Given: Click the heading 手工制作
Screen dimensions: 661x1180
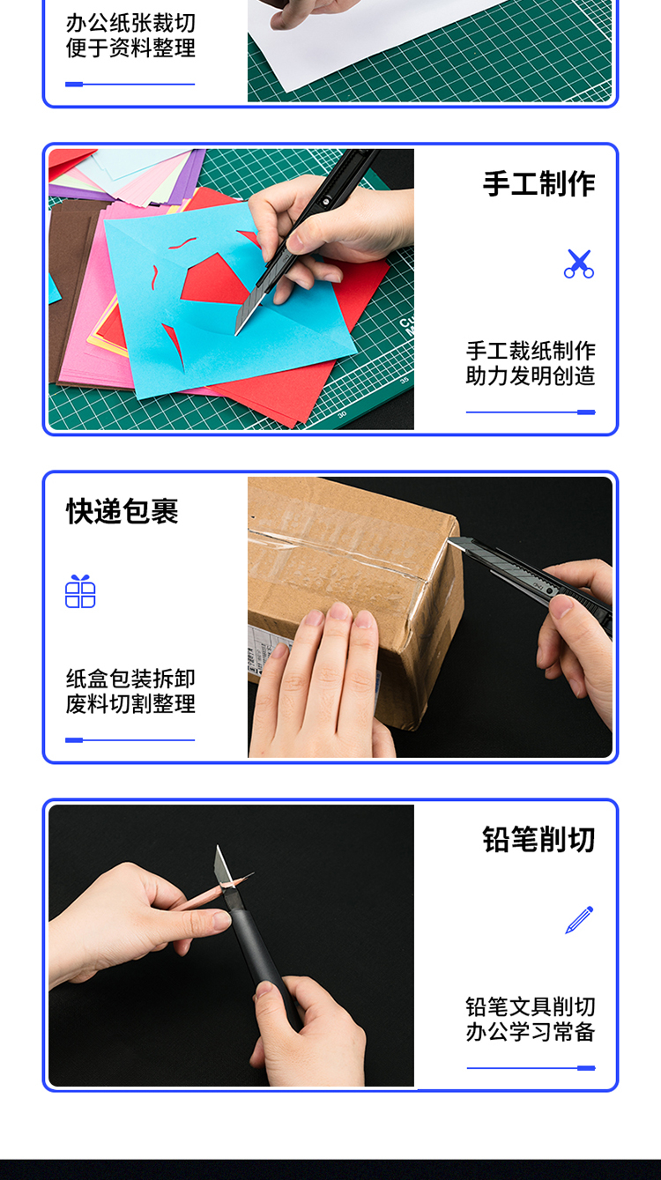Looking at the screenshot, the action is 538,184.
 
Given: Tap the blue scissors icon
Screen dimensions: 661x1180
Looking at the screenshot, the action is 579,263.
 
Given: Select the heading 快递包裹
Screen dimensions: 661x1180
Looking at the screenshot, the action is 123,511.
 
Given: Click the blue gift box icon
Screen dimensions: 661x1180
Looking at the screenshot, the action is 80,591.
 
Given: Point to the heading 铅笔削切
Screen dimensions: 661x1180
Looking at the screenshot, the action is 538,839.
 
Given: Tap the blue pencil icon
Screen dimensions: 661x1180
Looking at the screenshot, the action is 579,920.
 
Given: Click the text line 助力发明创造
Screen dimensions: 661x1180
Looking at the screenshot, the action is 531,376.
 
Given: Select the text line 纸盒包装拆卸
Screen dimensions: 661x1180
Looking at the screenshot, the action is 130,679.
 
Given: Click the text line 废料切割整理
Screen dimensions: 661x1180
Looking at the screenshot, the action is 130,704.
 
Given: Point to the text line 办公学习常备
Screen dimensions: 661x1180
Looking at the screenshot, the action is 531,1032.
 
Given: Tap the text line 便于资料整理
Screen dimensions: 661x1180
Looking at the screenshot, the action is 130,48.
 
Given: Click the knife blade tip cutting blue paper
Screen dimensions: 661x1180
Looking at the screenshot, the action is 236,333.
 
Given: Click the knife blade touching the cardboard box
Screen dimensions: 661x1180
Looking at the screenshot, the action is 458,543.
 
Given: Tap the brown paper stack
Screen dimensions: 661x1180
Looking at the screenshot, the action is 71,290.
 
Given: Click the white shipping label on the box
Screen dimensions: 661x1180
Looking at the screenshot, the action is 264,653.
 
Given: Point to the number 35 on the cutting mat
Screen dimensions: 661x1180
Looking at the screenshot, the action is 405,380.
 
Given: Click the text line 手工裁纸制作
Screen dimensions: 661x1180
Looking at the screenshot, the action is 531,351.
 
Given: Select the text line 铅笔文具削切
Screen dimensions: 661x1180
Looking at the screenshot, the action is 531,1006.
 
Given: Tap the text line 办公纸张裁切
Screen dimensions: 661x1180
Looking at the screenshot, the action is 130,23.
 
